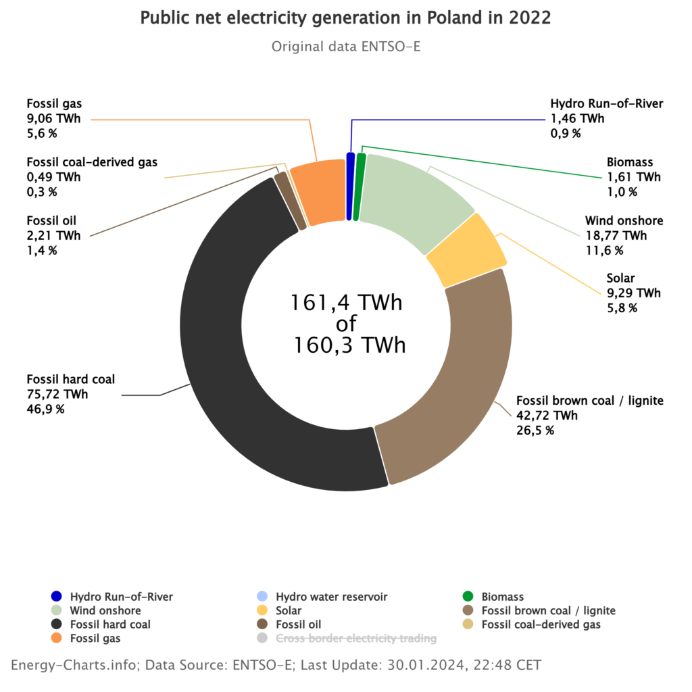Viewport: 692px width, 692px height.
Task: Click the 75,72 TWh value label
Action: pyautogui.click(x=57, y=394)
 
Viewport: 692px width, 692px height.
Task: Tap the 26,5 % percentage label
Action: pyautogui.click(x=535, y=430)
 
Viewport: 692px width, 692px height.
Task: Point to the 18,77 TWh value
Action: pyautogui.click(x=616, y=236)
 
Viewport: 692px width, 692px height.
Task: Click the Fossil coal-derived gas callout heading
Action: pyautogui.click(x=92, y=162)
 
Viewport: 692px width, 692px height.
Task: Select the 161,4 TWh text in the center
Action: pyautogui.click(x=347, y=303)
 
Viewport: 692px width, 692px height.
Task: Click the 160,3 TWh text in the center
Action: pyautogui.click(x=349, y=345)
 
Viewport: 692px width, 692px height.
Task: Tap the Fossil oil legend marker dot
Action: pyautogui.click(x=262, y=624)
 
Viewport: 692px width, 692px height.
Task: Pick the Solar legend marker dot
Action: pyautogui.click(x=262, y=610)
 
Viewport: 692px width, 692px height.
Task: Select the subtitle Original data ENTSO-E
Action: pyautogui.click(x=346, y=47)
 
